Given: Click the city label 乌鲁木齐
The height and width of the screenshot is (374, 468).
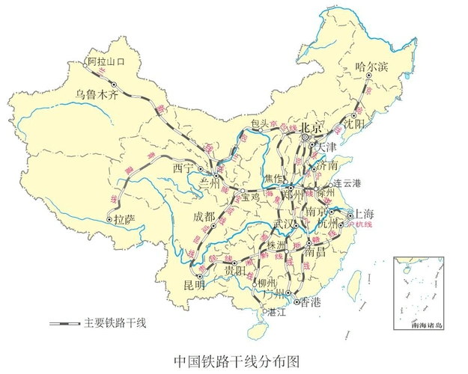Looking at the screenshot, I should click(97, 95).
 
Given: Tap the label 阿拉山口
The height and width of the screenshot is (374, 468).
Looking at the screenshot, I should click(106, 61).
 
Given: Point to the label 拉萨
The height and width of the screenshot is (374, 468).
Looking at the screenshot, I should click(125, 219).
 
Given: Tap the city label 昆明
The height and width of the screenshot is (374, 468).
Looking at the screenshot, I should click(194, 285).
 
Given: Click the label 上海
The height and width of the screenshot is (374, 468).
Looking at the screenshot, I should click(365, 212).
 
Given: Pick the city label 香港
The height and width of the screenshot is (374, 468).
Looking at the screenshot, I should click(309, 301).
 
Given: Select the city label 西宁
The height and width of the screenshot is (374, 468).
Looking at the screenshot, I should click(183, 168).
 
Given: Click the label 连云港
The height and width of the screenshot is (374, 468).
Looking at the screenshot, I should click(347, 183).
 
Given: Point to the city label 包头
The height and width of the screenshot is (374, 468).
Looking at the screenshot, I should click(260, 123).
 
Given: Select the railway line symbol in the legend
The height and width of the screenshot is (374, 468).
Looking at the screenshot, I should click(65, 323).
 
